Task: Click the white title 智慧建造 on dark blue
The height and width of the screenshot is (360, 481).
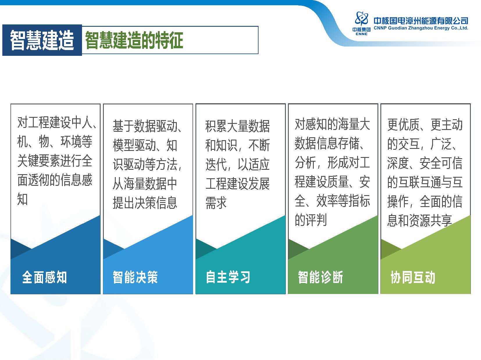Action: coord(42,40)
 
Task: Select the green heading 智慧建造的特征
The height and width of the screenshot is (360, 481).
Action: coord(134,40)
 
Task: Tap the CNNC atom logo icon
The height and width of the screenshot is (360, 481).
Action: coord(361,19)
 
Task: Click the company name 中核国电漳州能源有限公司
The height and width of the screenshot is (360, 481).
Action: coord(421,21)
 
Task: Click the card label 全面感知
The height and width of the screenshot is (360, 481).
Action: coord(44,277)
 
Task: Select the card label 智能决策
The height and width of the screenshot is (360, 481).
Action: coord(135,277)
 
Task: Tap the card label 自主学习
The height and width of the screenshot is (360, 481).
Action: coord(228,277)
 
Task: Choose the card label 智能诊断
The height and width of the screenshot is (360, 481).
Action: coord(320,277)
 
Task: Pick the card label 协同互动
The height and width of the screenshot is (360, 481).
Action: coord(413,277)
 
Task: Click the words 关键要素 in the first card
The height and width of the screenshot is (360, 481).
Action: coord(39,161)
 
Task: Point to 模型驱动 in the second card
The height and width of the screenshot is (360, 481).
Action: coord(134,145)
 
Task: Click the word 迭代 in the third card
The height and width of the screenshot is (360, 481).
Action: coord(216,164)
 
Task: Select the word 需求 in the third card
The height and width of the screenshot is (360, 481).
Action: coord(216,202)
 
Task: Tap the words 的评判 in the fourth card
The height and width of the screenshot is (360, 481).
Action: coord(311,220)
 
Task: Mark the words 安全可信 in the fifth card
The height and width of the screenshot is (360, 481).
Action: coord(441,163)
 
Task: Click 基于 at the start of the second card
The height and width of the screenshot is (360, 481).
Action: coord(123,126)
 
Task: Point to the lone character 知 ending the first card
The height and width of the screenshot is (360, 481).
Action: coord(23,199)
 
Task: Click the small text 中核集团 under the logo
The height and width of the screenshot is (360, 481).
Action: coord(361,30)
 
